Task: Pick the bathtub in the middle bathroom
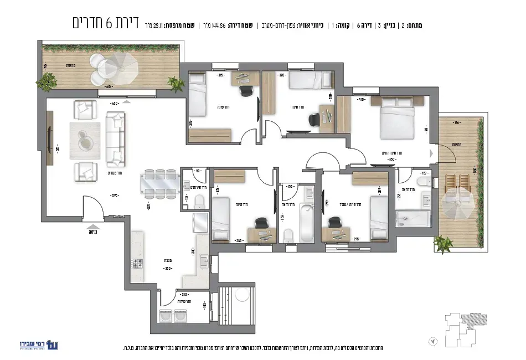pyautogui.click(x=306, y=223)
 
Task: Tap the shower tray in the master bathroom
pyautogui.click(x=413, y=218)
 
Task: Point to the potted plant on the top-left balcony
pyautogui.click(x=176, y=84)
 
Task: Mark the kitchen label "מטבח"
pyautogui.click(x=167, y=259)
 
